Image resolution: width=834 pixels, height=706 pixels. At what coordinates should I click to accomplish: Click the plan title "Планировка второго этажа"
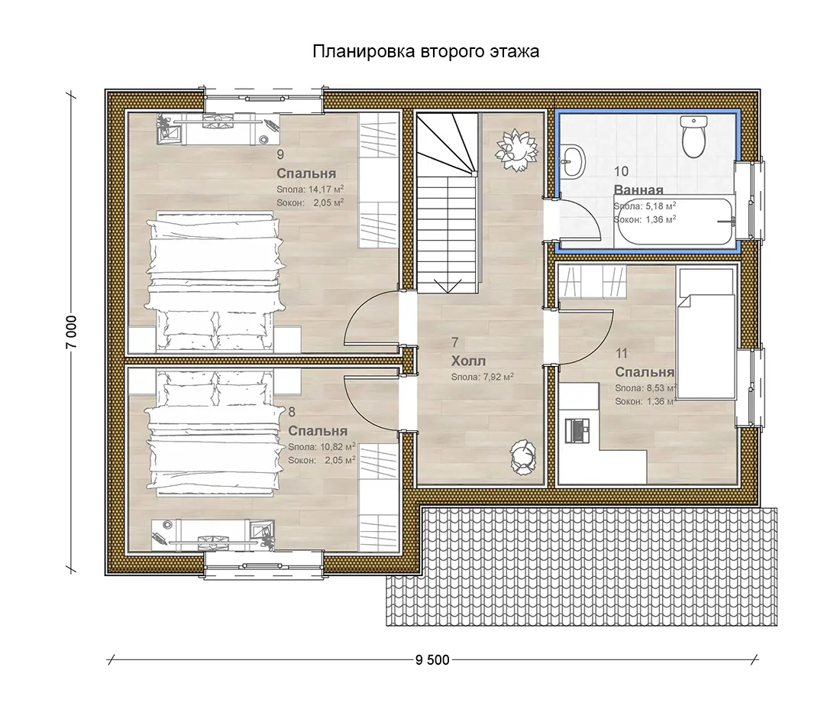tap(425, 51)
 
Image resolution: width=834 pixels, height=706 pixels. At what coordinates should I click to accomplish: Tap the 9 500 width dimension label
tap(432, 660)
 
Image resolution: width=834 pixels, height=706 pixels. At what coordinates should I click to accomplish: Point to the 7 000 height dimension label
tap(72, 332)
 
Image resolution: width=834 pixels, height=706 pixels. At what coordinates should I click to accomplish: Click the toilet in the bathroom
tap(693, 137)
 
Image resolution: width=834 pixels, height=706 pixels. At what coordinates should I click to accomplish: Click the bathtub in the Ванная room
tap(674, 220)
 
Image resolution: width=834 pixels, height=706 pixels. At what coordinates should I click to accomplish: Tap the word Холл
tap(468, 361)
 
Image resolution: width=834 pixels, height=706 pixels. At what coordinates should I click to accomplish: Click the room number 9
tap(280, 154)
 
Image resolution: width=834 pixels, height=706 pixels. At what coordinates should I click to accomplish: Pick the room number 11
tap(621, 353)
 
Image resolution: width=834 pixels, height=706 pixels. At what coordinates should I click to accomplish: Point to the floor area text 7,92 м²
tap(498, 377)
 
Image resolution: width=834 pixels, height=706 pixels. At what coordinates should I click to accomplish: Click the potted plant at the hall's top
tap(516, 150)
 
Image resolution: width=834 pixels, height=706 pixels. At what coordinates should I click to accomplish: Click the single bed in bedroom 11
tap(706, 332)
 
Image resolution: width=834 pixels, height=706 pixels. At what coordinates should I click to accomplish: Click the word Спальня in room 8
tap(318, 431)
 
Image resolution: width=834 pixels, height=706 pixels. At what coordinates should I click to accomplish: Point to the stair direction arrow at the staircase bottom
tap(448, 286)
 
